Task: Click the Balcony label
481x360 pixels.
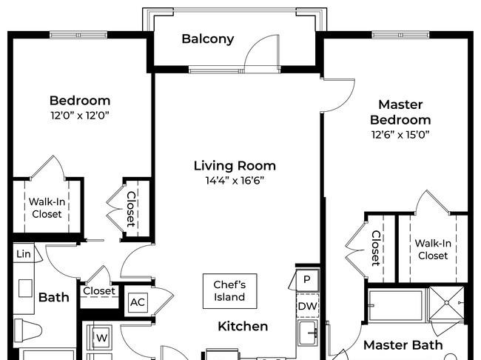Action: coord(208,39)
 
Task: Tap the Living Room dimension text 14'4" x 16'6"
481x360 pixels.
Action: coord(235,180)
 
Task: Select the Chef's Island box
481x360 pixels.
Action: coord(229,291)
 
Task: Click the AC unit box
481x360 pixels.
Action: coord(138,302)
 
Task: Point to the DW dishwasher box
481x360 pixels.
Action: coord(307,306)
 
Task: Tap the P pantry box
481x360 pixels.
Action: coord(307,279)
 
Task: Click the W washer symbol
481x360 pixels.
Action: coord(101,338)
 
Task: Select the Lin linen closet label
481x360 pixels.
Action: coord(24,254)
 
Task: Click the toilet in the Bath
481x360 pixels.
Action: coord(27,330)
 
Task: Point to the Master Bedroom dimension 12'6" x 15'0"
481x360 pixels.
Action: coord(400,135)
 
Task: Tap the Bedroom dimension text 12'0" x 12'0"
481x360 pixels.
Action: coord(80,116)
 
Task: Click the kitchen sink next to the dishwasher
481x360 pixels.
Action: coord(308,333)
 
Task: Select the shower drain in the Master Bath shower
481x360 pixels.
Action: coord(447,303)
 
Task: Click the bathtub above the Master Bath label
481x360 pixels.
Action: coord(396,305)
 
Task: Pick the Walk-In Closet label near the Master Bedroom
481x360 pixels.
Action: coord(433,250)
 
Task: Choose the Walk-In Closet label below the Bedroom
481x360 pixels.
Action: coord(47,208)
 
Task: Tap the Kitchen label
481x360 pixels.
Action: coord(243,326)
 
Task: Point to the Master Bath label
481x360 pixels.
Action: coord(403,345)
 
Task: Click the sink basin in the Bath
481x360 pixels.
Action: coord(25,288)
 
